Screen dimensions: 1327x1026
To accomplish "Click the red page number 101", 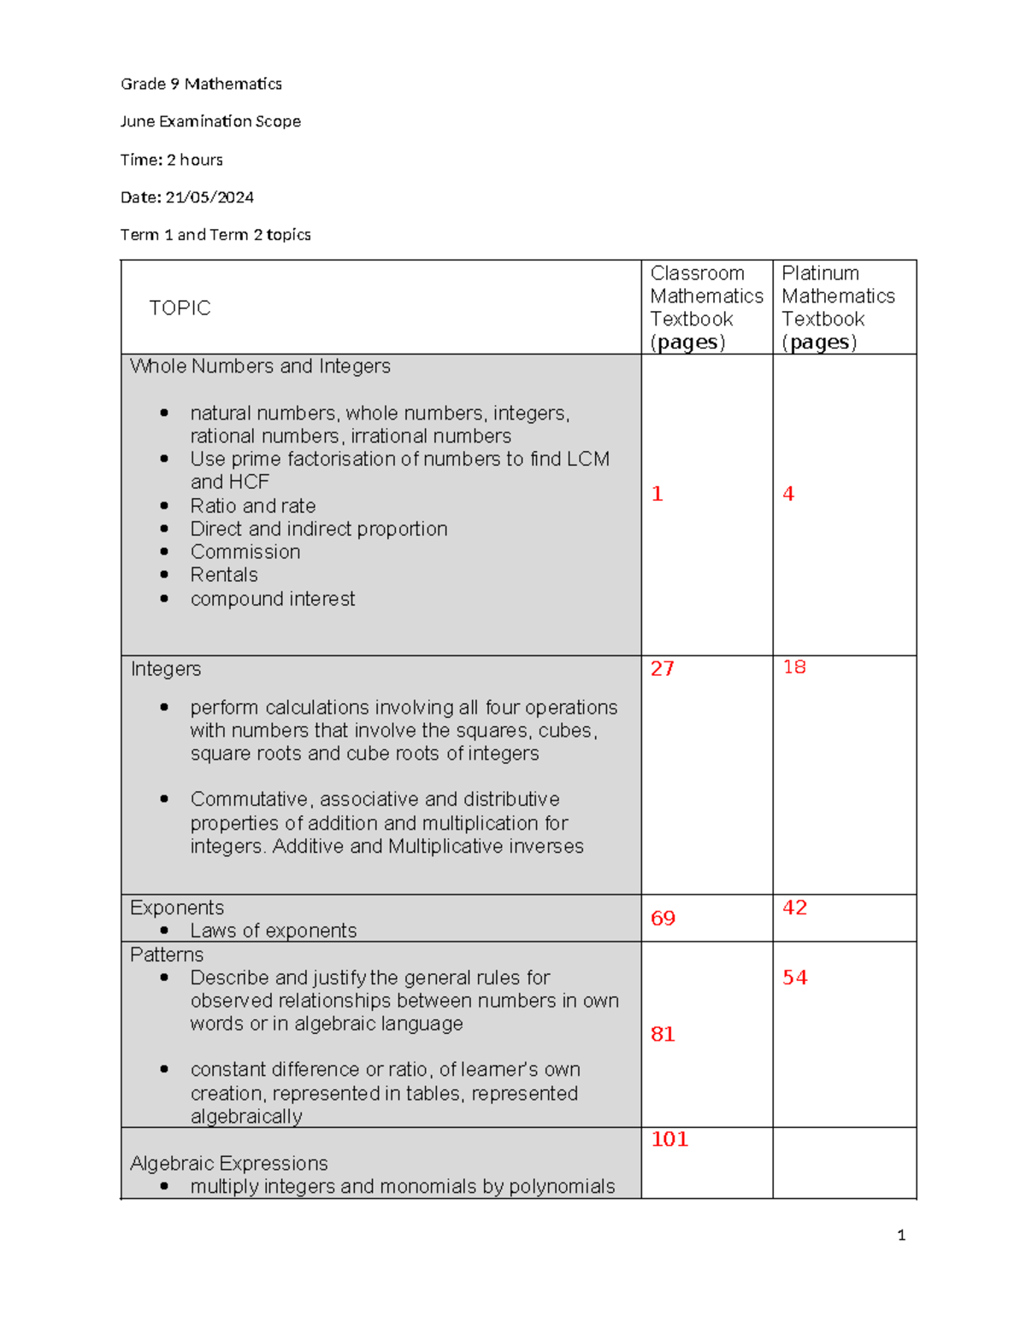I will [x=669, y=1139].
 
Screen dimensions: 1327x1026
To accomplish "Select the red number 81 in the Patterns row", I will [x=663, y=1034].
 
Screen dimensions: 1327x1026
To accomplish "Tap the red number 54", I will [x=794, y=978].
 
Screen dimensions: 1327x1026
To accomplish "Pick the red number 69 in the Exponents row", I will [x=663, y=919].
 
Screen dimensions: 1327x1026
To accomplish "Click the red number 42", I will [x=794, y=907].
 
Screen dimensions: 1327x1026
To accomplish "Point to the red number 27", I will [x=662, y=668].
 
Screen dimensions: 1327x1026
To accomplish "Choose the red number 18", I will [x=794, y=666].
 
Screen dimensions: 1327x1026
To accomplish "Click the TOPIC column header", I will [x=180, y=308].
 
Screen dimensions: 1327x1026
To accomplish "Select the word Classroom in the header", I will [x=697, y=273].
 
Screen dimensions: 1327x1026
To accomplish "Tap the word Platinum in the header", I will [x=820, y=273].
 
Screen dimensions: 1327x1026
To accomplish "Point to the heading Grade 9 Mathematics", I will [x=201, y=84].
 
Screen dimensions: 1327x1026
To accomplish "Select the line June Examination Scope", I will [x=210, y=121].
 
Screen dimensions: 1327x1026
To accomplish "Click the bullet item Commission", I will [x=245, y=552].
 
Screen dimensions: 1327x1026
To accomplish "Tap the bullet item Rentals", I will [x=224, y=575].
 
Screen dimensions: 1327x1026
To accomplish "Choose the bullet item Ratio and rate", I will [x=253, y=506].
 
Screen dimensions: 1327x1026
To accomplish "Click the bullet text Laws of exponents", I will [x=274, y=931].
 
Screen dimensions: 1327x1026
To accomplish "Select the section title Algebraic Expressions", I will [x=229, y=1163].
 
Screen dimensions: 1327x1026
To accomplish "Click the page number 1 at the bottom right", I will [x=901, y=1235].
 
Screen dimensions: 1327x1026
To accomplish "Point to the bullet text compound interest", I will [x=273, y=599].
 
